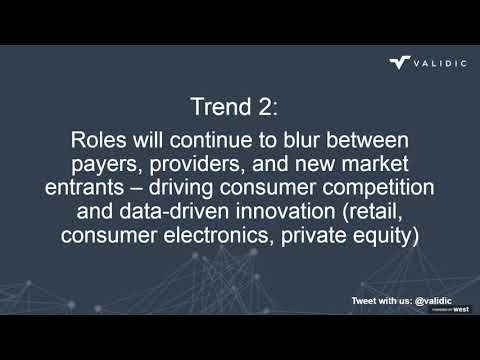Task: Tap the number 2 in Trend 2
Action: [x=283, y=105]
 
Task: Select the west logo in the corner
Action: [x=461, y=309]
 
